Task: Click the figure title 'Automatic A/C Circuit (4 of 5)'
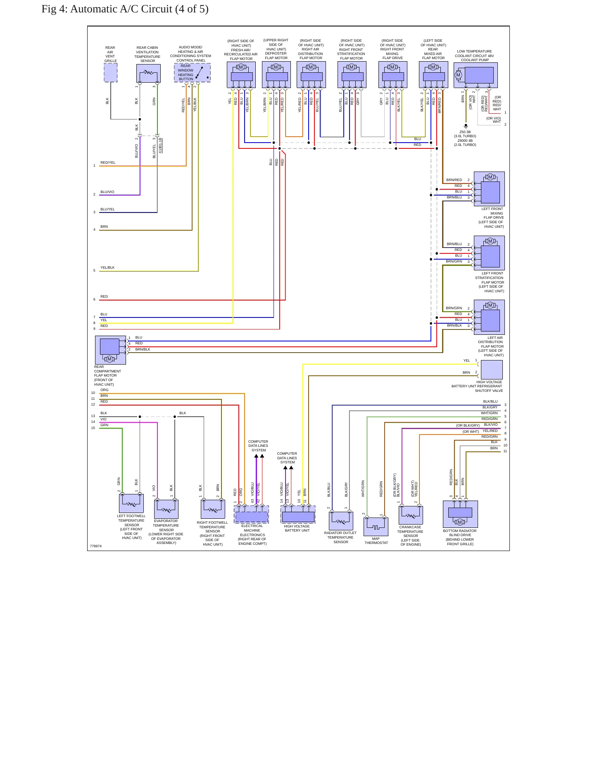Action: (139, 9)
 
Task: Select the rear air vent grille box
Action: (110, 73)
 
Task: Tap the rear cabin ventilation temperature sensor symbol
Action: (148, 74)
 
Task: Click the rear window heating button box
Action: (192, 73)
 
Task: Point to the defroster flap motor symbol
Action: (276, 75)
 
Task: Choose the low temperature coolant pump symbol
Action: (476, 75)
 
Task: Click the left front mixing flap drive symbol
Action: (489, 189)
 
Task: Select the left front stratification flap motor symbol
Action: (489, 253)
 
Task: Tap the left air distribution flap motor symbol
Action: (489, 317)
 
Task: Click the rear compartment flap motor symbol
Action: (110, 350)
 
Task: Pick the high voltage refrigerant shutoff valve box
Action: (492, 370)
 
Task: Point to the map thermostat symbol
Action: (376, 527)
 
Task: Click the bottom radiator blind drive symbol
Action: (460, 514)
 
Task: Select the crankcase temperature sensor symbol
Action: (411, 515)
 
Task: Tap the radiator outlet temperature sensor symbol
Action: (341, 521)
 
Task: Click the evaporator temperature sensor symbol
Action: (166, 509)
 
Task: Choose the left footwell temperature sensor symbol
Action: (131, 503)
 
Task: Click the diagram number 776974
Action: (96, 546)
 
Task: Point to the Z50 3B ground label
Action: (465, 132)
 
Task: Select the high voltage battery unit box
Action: (298, 515)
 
